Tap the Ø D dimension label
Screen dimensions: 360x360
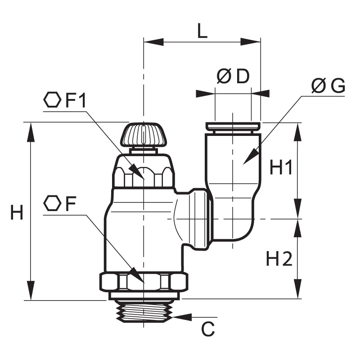[x=233, y=76]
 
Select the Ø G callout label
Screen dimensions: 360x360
[x=328, y=86]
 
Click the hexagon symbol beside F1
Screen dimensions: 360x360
[x=52, y=100]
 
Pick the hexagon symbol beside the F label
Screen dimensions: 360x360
[x=52, y=203]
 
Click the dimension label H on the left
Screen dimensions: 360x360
[x=17, y=212]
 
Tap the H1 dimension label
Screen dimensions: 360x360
[x=280, y=167]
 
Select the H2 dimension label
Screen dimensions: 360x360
[x=279, y=258]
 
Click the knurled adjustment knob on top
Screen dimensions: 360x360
[x=143, y=135]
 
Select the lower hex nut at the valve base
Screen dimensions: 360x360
[x=144, y=282]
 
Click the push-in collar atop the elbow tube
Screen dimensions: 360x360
[x=233, y=126]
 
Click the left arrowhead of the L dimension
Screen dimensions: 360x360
[x=153, y=42]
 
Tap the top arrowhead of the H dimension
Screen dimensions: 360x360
[x=31, y=132]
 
